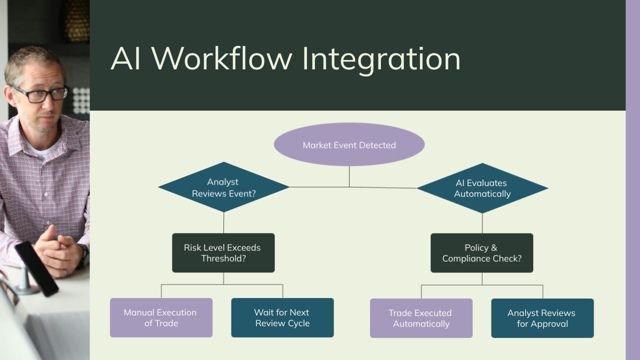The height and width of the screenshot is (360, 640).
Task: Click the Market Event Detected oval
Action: coord(349,144)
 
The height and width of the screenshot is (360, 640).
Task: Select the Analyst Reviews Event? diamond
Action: coord(223,187)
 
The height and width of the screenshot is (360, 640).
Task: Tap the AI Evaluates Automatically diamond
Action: coord(482,188)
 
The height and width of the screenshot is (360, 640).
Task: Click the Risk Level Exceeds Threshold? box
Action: coord(223,253)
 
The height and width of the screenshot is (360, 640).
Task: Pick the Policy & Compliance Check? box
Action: coord(482,253)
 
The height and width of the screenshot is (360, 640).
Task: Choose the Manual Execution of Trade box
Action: coord(161,318)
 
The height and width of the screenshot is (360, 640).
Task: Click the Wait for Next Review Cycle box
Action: coord(283,318)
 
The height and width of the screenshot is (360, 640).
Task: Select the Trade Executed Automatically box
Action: coord(421,318)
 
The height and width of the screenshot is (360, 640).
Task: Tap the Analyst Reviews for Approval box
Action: coord(542,318)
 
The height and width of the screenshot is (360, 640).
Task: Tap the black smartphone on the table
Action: coord(37,269)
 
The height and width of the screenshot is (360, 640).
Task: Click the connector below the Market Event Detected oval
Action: coord(349,177)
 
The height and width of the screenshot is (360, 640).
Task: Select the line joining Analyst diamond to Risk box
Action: coord(223,223)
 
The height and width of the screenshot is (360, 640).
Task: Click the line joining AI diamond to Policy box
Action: coord(482,223)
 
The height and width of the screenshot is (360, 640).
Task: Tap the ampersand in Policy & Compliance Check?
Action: coord(494,247)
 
